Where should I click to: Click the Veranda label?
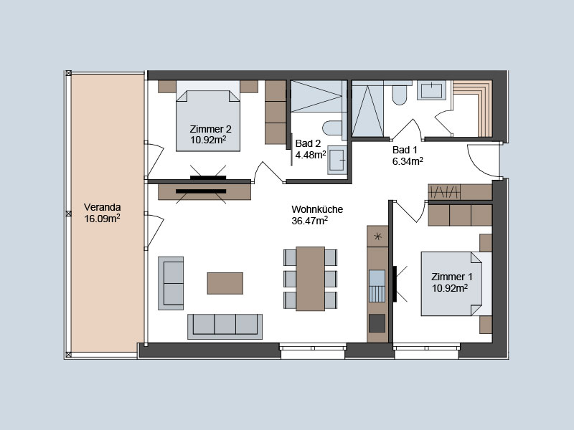click(102, 207)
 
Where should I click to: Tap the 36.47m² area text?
click(309, 221)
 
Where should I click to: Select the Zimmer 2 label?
click(210, 129)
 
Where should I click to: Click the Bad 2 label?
click(308, 143)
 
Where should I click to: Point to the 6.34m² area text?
click(408, 161)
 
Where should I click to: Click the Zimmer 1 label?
click(452, 277)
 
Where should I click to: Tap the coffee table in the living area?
click(225, 283)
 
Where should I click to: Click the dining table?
click(310, 279)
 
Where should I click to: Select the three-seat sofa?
click(225, 326)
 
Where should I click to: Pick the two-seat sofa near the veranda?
click(171, 283)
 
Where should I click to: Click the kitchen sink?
click(377, 286)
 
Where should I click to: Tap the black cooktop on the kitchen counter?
click(377, 323)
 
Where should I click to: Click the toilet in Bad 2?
click(332, 128)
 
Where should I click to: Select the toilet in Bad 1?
click(399, 95)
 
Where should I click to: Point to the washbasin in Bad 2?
click(337, 160)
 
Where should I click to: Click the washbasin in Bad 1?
click(431, 90)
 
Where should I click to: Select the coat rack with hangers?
click(444, 191)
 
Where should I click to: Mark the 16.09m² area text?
click(102, 219)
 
